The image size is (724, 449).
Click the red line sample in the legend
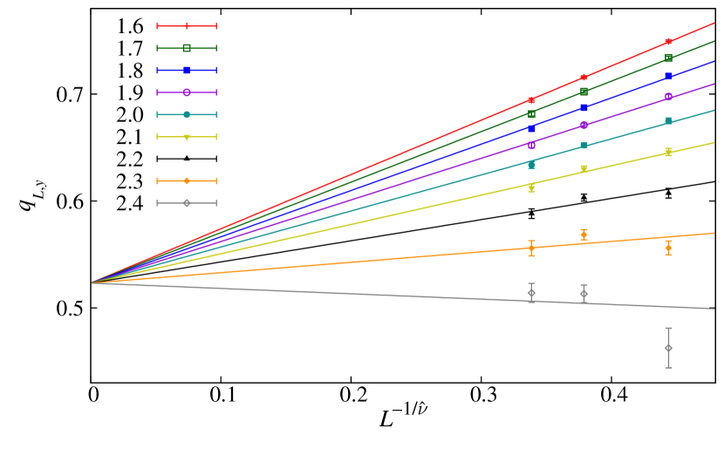point(187,26)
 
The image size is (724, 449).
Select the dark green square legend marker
point(187,48)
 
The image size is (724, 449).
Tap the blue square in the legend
point(187,70)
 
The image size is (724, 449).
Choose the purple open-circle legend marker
point(187,92)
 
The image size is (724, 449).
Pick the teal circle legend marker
point(187,114)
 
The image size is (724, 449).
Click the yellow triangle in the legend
point(187,137)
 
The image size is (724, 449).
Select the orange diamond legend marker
point(187,180)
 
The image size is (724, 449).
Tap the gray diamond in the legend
point(187,203)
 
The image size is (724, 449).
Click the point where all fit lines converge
point(92,282)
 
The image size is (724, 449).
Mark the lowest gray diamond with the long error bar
point(668,348)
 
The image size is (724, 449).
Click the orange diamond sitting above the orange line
point(584,235)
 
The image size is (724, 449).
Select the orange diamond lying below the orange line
point(668,248)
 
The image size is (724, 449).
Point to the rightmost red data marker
point(668,42)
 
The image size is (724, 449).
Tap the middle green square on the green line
point(584,91)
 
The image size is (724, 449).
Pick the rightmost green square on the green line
point(668,58)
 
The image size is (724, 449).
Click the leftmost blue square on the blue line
point(531,128)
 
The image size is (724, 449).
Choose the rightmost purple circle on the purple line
point(668,97)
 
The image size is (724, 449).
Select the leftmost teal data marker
point(531,165)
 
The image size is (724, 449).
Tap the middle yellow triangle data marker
point(584,169)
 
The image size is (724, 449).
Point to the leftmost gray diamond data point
point(531,293)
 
